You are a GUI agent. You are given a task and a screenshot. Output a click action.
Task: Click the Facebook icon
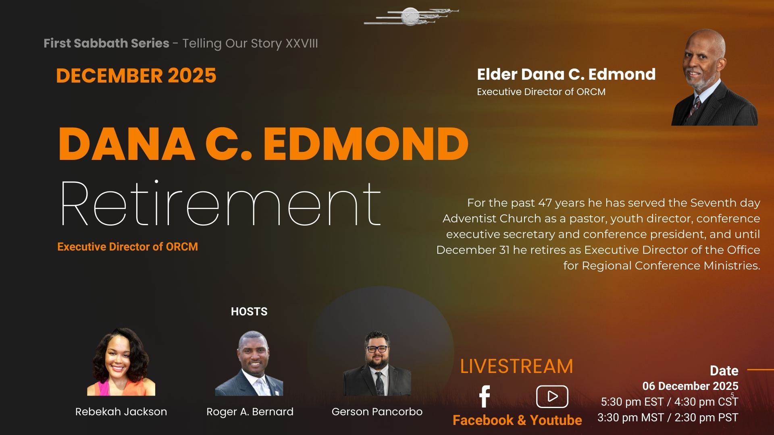[x=485, y=396]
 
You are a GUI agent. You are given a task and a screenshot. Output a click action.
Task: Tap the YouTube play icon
[x=552, y=396]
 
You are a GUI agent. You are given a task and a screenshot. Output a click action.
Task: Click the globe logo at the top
[x=411, y=17]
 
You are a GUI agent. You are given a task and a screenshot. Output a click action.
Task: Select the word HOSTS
[x=249, y=311]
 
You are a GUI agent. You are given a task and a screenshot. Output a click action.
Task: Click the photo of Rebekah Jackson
[x=121, y=361]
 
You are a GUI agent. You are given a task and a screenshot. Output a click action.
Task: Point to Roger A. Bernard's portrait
[x=249, y=363]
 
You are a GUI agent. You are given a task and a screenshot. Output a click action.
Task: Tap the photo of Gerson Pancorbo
[x=377, y=363]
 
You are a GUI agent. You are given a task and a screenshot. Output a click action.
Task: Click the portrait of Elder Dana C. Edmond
[x=715, y=77]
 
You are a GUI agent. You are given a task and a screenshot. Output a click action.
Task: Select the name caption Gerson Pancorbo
[x=377, y=412]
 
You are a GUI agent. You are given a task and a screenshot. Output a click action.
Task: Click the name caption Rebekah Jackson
[x=121, y=412]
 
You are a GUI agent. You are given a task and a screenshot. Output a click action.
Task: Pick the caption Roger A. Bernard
[x=250, y=412]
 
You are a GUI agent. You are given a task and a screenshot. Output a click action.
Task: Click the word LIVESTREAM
[x=516, y=367]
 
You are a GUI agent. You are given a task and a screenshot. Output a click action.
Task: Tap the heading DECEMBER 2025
[x=136, y=76]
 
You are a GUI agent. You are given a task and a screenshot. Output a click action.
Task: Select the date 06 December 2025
[x=690, y=386]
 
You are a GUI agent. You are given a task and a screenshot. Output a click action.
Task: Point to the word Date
[x=724, y=371]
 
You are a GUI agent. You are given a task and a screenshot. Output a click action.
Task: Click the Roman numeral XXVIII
[x=302, y=43]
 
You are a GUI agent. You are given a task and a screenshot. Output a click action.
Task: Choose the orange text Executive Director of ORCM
[x=127, y=246]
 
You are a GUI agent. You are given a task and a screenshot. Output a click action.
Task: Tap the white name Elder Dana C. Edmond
[x=566, y=74]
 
